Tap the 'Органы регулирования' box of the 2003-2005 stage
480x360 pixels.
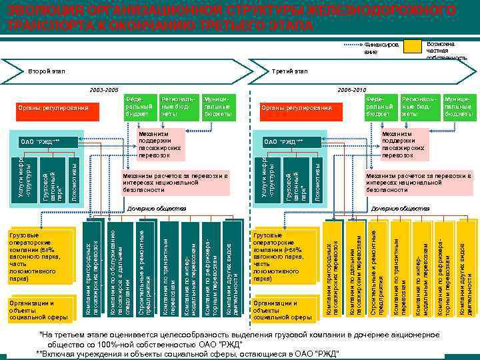tap(54, 107)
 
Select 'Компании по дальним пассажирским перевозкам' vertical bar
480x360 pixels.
tap(355, 270)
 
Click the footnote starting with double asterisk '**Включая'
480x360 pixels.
tap(187, 352)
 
